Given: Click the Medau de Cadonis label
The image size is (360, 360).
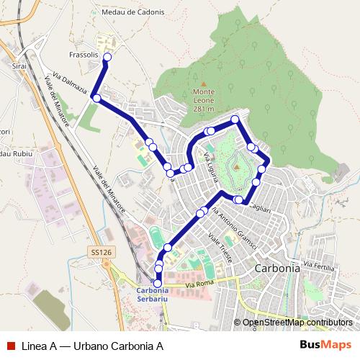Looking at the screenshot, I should click(x=133, y=12).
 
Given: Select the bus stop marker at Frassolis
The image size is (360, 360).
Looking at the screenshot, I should click(x=107, y=57).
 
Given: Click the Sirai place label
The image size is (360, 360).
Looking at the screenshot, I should click(x=19, y=65).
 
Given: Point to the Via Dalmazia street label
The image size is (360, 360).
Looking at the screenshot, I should click(x=71, y=84).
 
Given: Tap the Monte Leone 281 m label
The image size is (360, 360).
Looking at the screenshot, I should click(x=204, y=100).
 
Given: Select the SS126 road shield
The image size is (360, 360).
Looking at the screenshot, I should click(x=102, y=252).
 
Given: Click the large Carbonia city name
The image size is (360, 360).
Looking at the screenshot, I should click(x=277, y=267).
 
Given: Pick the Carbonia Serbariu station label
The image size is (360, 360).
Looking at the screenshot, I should click(x=158, y=296).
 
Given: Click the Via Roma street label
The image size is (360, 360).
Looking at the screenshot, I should click(x=200, y=286).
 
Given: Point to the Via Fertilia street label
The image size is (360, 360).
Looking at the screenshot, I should click(x=319, y=266).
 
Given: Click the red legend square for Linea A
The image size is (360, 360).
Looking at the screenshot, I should click(x=10, y=345).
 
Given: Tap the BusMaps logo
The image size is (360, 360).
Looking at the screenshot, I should click(x=325, y=345).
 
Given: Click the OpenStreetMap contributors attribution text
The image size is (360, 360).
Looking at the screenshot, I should click(x=297, y=322).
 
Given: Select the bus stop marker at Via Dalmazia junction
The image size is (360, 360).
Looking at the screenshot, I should click(x=96, y=98).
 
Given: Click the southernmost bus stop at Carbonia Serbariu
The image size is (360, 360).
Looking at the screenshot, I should click(x=158, y=283).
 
